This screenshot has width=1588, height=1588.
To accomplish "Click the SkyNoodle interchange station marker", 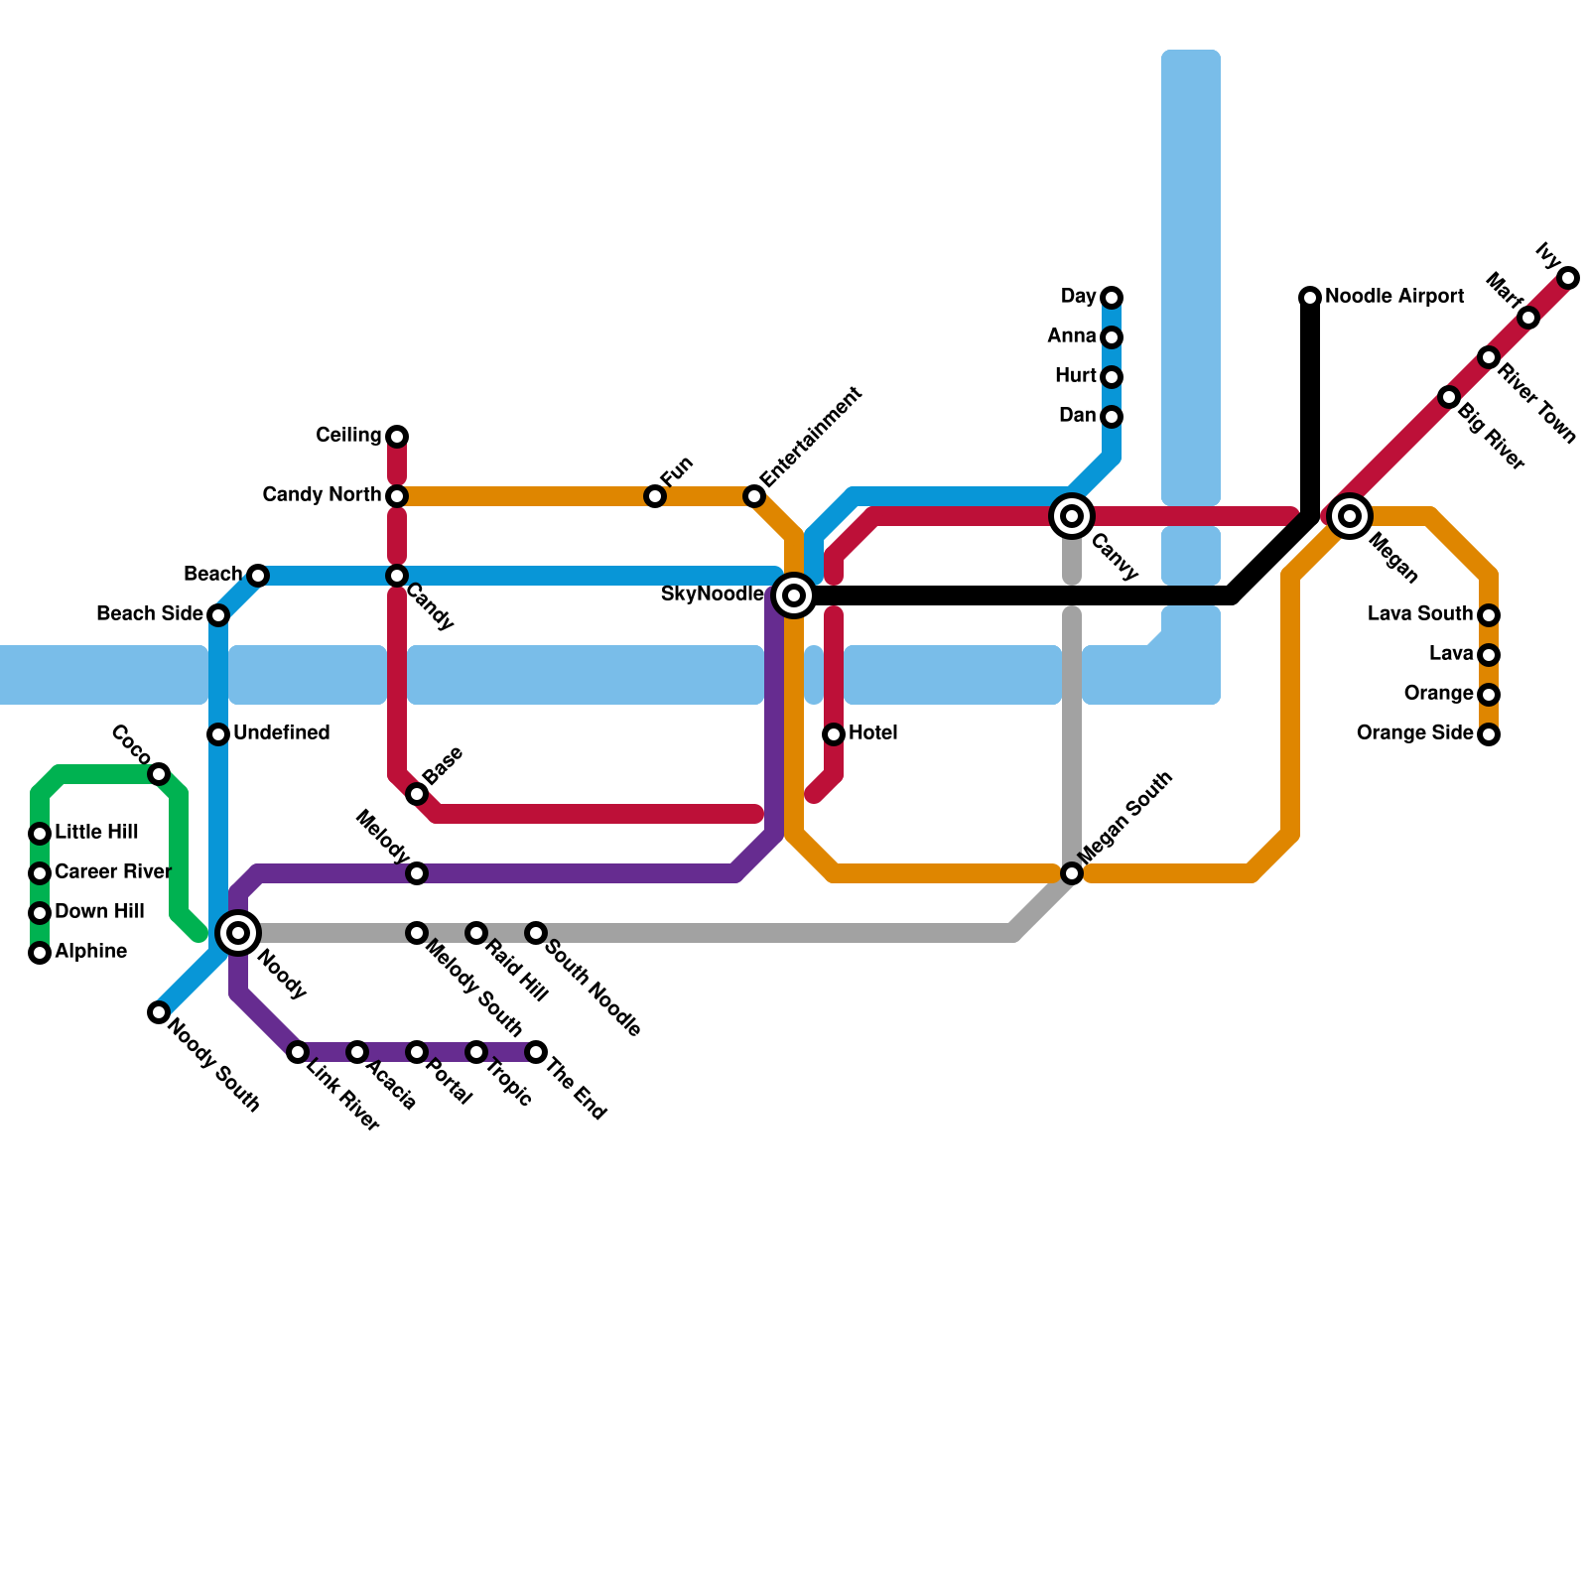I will tap(794, 595).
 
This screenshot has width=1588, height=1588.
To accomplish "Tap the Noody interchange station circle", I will tap(238, 933).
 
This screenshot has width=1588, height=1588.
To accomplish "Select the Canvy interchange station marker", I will tap(1072, 516).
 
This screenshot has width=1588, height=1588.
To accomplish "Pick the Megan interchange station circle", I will tap(1350, 516).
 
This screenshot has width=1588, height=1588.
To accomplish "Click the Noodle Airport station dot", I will tap(1310, 298).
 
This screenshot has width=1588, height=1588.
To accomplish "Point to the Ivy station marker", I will tap(1568, 278).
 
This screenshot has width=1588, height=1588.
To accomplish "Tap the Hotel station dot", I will tap(834, 734).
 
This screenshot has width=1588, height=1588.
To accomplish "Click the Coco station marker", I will tap(159, 774).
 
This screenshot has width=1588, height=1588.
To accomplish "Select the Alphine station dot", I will tap(40, 953).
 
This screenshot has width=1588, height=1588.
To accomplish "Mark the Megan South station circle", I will tap(1072, 873).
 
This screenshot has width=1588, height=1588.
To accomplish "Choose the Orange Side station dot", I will tap(1489, 734).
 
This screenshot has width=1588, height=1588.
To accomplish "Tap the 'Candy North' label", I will tap(322, 495).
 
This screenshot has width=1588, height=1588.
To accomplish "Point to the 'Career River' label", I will tap(113, 872).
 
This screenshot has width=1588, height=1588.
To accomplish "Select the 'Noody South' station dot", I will tap(159, 1012).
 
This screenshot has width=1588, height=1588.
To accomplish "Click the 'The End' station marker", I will tap(536, 1052).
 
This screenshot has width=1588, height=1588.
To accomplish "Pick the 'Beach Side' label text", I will tap(150, 614).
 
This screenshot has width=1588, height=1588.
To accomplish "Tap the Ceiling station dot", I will tap(397, 437).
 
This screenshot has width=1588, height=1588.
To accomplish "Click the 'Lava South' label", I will tap(1419, 614).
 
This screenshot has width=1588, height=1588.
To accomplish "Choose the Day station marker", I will tap(1112, 298).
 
